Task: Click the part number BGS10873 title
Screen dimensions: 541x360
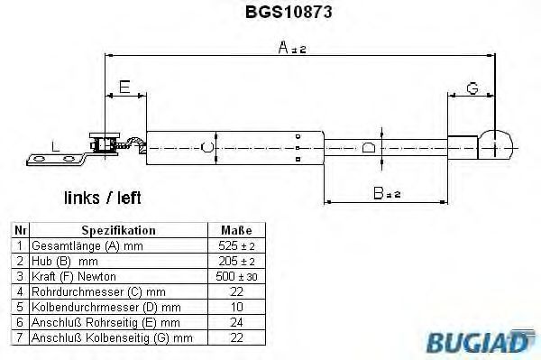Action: point(289,12)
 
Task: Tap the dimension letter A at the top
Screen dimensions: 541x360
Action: point(283,47)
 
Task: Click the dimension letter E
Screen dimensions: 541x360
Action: point(124,87)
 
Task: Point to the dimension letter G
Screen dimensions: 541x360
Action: point(472,88)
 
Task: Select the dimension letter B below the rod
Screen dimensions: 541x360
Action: point(378,193)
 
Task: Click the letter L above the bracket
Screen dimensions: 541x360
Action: point(55,147)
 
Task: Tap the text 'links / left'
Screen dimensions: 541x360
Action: point(103,198)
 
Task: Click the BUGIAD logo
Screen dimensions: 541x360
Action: point(481,341)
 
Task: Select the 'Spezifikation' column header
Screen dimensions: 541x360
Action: point(118,230)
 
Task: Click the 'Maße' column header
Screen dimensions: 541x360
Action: point(236,230)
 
